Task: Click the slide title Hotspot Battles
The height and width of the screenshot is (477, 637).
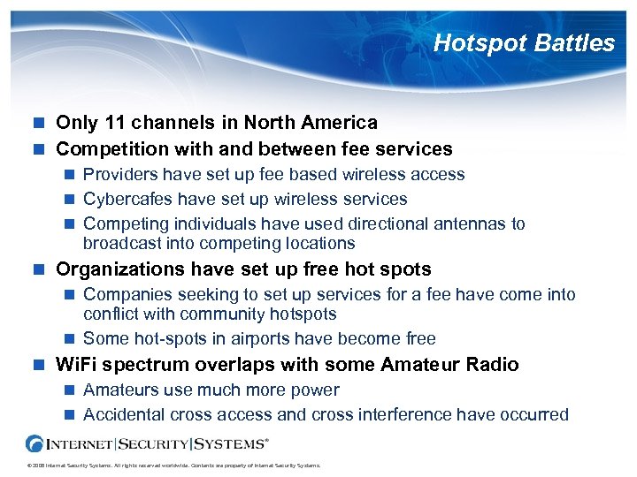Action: coord(524,43)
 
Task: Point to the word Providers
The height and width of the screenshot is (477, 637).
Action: coord(119,175)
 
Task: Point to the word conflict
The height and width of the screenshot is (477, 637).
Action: coord(110,314)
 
